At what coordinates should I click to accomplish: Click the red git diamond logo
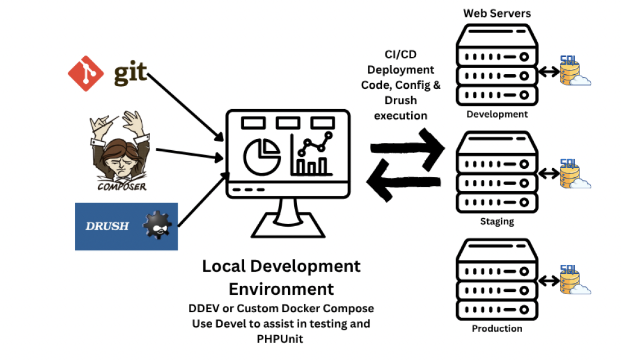pyautogui.click(x=85, y=73)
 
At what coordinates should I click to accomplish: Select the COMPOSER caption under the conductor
pyautogui.click(x=122, y=186)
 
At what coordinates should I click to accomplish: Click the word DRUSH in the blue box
pyautogui.click(x=107, y=226)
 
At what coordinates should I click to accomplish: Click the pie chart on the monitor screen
pyautogui.click(x=262, y=154)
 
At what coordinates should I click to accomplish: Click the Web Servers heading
pyautogui.click(x=497, y=13)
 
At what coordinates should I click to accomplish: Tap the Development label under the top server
pyautogui.click(x=497, y=115)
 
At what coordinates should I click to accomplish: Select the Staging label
pyautogui.click(x=497, y=221)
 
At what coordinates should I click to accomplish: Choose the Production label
pyautogui.click(x=497, y=328)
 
